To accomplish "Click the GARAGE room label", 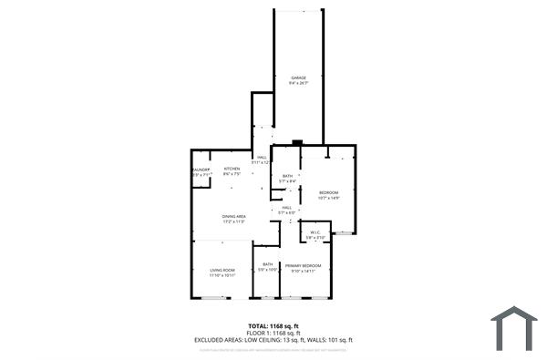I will [298, 77].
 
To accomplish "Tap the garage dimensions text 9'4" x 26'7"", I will [298, 83].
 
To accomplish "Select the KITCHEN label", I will [232, 169].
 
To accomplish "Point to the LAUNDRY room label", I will [201, 169].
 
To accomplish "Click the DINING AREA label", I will [234, 216].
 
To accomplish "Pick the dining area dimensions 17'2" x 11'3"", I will [234, 221].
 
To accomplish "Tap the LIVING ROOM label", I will [222, 270].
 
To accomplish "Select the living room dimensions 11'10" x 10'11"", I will [222, 275].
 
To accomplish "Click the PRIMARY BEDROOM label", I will [303, 265].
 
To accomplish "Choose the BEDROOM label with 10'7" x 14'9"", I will [328, 192].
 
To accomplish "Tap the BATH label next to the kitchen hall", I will [287, 176].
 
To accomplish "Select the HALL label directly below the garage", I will [262, 158].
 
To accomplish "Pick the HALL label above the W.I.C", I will [286, 208].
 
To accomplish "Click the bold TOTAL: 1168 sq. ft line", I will [273, 326].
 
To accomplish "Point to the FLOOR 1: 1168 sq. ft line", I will [273, 333].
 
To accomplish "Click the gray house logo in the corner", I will [514, 329].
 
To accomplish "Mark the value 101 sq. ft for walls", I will [339, 340].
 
